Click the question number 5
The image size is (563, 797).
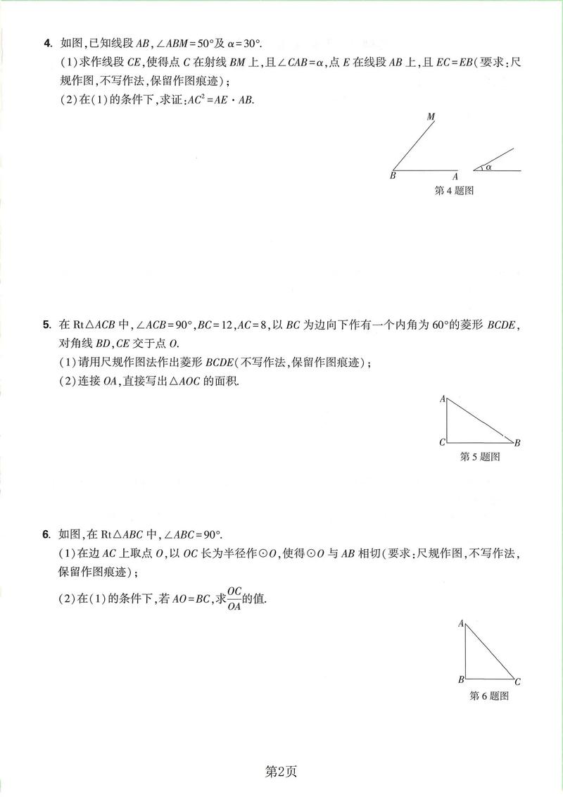[46, 325]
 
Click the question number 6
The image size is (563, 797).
[46, 535]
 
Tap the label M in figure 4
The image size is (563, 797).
[431, 117]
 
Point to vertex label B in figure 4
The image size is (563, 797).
[393, 176]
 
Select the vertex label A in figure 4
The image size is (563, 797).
[455, 176]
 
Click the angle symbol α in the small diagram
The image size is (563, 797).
[488, 168]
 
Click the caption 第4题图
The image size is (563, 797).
[453, 190]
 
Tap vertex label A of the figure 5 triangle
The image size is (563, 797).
[443, 399]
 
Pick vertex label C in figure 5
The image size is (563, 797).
[442, 442]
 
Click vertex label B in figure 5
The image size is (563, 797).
[517, 442]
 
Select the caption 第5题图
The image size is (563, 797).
[479, 456]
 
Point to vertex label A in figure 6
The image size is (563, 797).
[461, 623]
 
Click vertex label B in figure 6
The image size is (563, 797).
[461, 679]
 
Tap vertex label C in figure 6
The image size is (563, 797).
[517, 681]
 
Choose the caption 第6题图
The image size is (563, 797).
[488, 696]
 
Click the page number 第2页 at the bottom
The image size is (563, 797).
[281, 772]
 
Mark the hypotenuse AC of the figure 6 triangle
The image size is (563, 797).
[491, 652]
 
